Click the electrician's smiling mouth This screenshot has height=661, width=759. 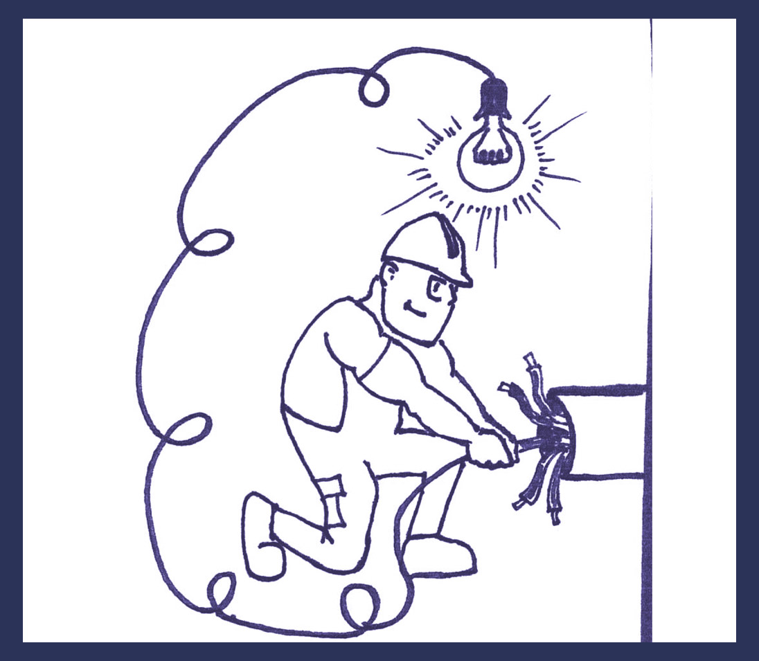413,307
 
